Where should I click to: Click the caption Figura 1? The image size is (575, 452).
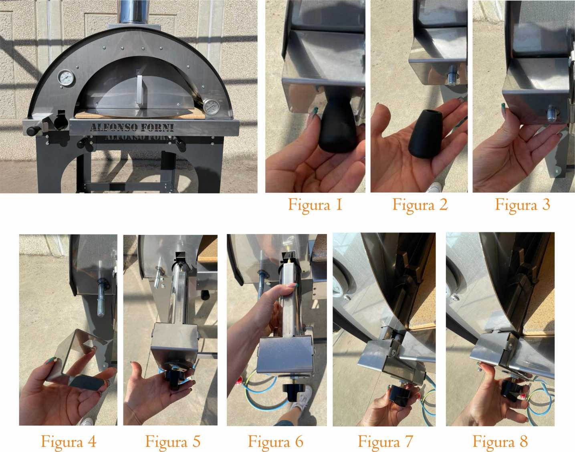[315, 205]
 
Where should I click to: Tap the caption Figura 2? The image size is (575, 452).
[420, 205]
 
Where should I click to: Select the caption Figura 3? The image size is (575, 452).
[523, 205]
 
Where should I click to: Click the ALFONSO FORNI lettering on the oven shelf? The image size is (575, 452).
[132, 127]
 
